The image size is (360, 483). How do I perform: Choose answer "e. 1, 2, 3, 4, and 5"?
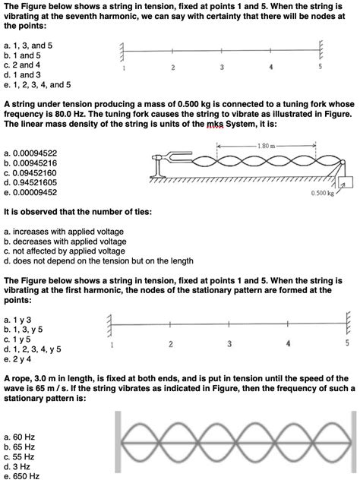pyautogui.click(x=37, y=85)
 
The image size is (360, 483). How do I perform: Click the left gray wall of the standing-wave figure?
pyautogui.click(x=117, y=444)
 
